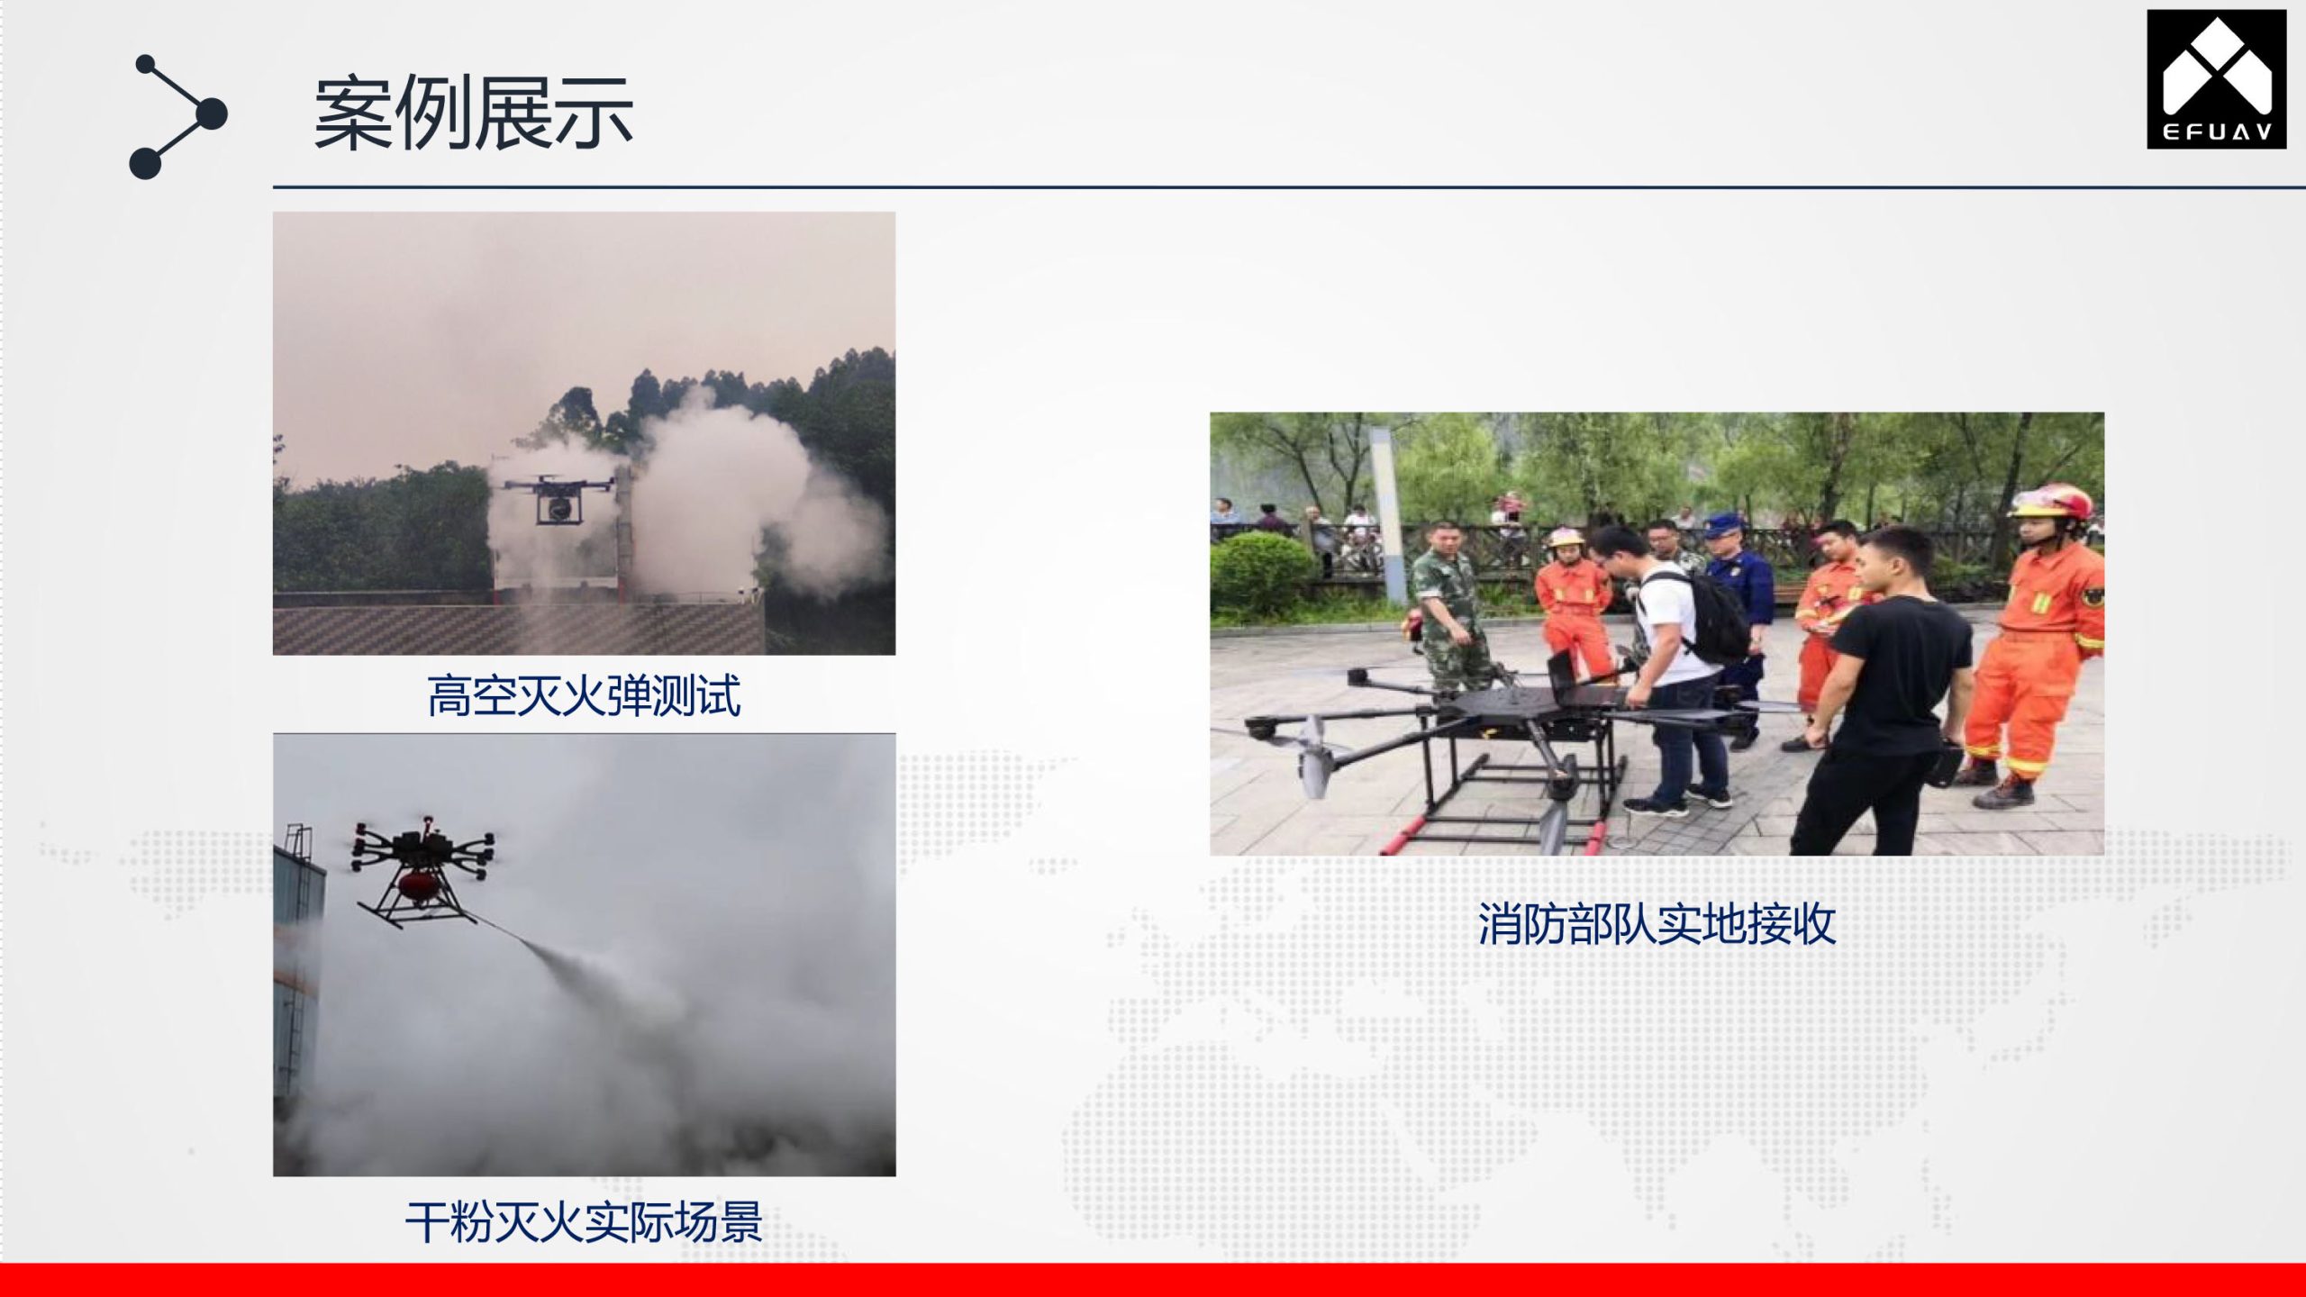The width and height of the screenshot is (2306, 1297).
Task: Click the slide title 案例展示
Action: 473,113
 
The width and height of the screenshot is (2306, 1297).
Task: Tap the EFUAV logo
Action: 2216,79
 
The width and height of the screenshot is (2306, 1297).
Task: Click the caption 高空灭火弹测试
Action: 584,696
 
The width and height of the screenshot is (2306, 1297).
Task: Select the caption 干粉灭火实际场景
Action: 584,1222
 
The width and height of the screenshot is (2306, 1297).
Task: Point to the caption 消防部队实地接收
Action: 1657,924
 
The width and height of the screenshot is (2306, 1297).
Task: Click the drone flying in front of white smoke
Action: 558,497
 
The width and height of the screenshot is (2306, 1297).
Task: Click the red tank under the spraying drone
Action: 418,886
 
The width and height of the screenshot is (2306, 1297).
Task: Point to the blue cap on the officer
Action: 1723,523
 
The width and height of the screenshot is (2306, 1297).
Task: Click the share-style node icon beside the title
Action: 178,117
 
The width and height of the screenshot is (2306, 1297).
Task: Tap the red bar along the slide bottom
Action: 1153,1280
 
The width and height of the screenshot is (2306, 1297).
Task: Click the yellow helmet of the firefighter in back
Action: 1566,538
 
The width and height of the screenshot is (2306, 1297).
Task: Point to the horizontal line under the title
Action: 1289,187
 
